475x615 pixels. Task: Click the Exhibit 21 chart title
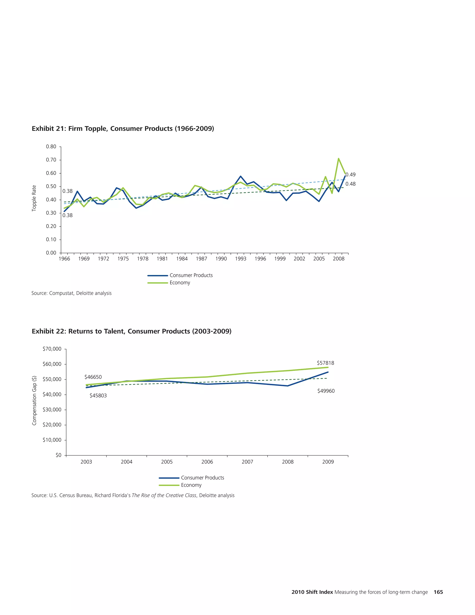[123, 129]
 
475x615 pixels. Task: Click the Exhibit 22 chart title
[132, 331]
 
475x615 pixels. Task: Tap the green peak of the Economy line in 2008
[339, 159]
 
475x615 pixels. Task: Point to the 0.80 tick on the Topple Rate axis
[51, 147]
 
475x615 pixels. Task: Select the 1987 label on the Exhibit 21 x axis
[202, 259]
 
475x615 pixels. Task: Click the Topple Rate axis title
[34, 198]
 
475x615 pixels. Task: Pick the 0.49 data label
[350, 175]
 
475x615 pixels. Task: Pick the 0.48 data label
[350, 184]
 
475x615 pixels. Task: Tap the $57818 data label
[325, 363]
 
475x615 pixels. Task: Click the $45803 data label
[98, 396]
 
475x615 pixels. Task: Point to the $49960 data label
[326, 391]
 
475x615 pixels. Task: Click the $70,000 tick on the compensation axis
[52, 349]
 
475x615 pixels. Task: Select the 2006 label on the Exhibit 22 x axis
[207, 462]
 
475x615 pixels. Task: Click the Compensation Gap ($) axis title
[34, 400]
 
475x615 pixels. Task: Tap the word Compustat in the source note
[61, 293]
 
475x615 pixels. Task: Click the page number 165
[438, 592]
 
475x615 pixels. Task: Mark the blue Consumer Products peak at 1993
[241, 176]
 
